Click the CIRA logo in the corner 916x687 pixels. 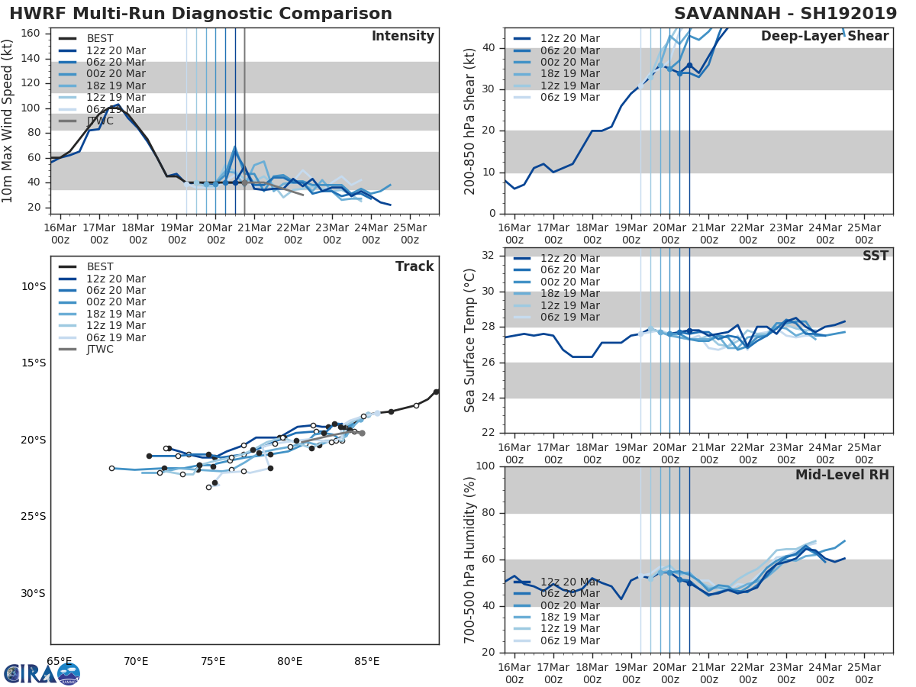point(42,673)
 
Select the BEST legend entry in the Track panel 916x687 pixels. point(100,267)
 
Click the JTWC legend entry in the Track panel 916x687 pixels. point(100,350)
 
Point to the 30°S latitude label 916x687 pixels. point(33,594)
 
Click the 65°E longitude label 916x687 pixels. point(59,661)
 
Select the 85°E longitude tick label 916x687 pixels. point(366,661)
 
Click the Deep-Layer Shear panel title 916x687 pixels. point(824,37)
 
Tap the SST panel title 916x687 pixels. point(875,256)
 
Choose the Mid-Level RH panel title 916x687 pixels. point(842,476)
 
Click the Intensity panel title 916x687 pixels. point(402,37)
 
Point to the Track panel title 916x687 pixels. point(414,267)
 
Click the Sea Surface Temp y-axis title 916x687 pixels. point(470,340)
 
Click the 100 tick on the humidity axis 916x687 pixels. point(485,466)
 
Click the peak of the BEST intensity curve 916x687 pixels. point(117,105)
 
